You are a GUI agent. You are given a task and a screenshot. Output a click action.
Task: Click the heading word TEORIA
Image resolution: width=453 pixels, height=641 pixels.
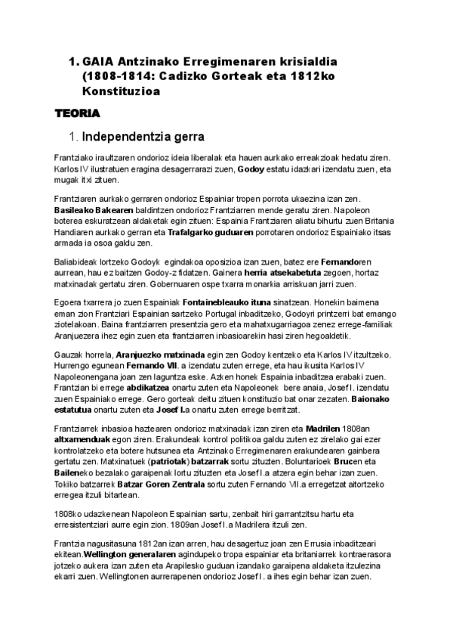click(x=79, y=113)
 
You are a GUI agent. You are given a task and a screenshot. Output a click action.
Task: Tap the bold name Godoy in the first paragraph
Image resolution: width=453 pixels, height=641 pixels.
click(x=252, y=171)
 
